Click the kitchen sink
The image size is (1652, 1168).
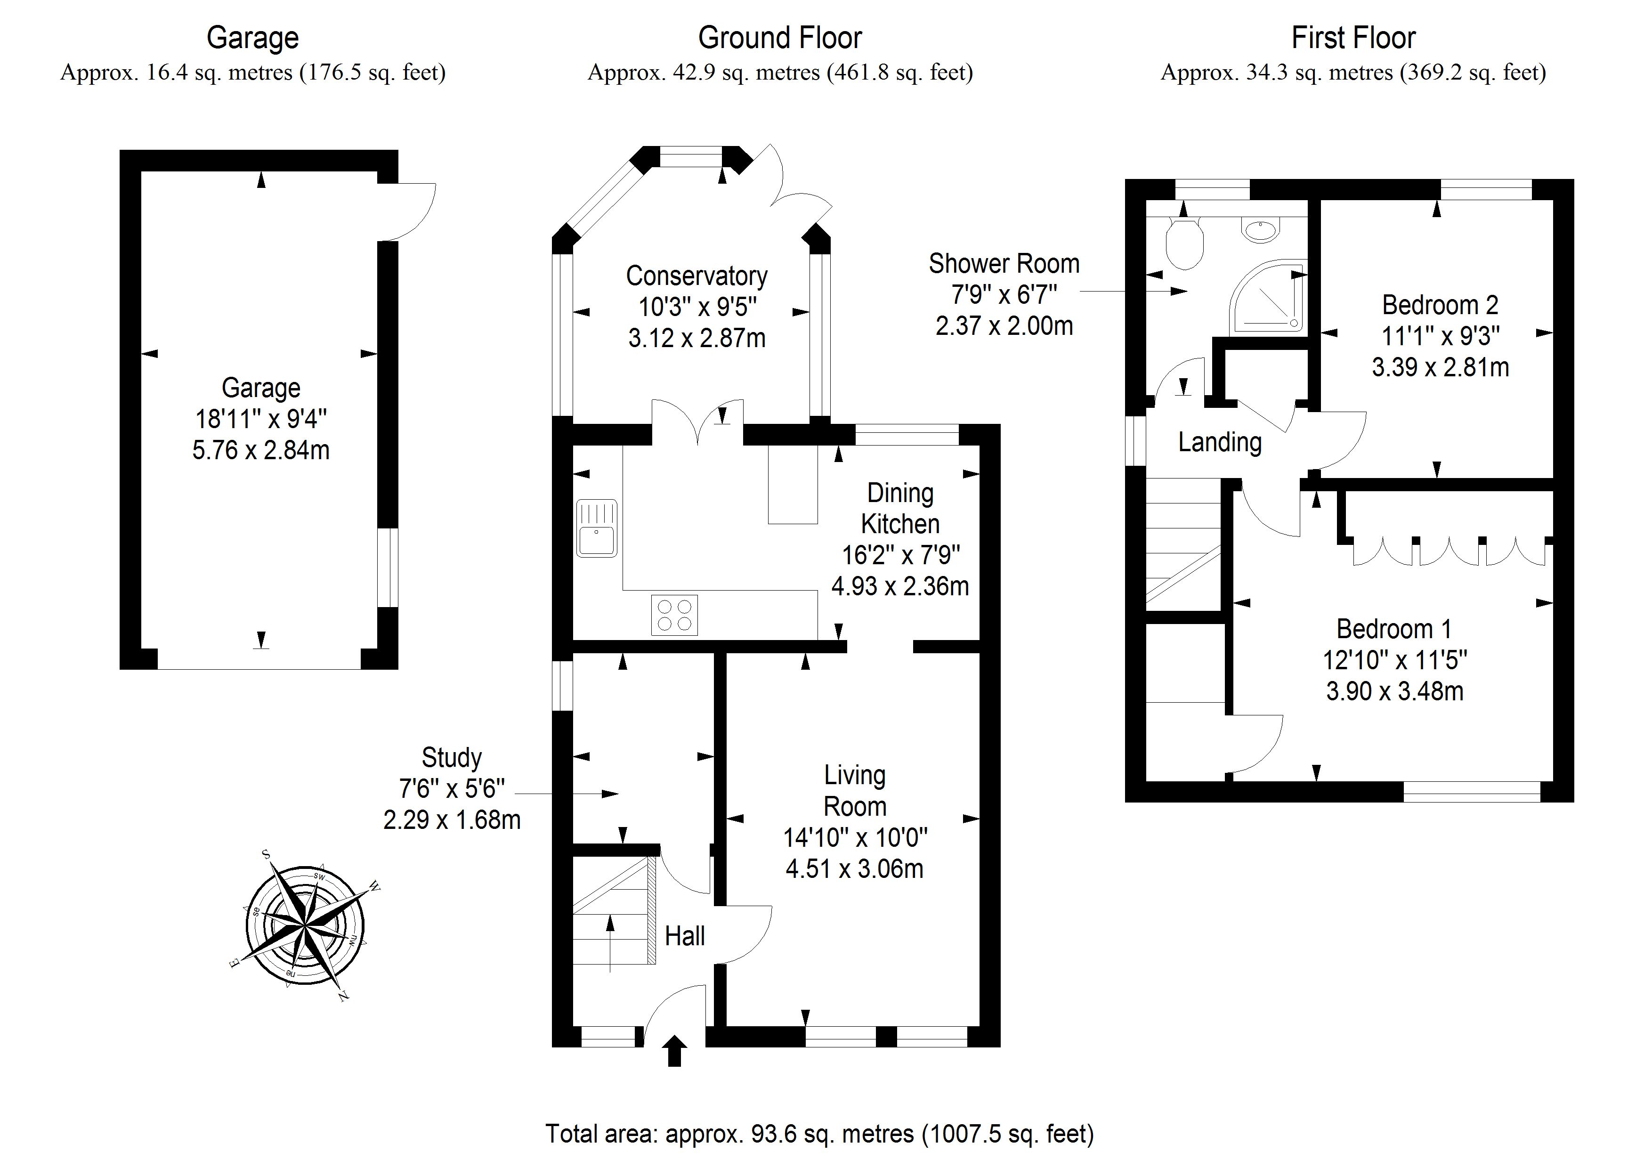click(597, 528)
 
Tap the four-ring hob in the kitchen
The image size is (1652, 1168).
click(674, 615)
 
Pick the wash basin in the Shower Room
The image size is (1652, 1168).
click(1261, 230)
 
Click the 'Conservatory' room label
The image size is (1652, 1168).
click(696, 276)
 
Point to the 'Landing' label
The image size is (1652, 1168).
click(1220, 442)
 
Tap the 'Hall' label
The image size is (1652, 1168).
click(684, 935)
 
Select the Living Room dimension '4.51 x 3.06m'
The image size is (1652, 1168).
click(854, 868)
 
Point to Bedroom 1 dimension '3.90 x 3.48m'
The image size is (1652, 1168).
click(1394, 691)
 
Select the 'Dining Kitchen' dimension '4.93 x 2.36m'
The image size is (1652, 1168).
click(899, 586)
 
